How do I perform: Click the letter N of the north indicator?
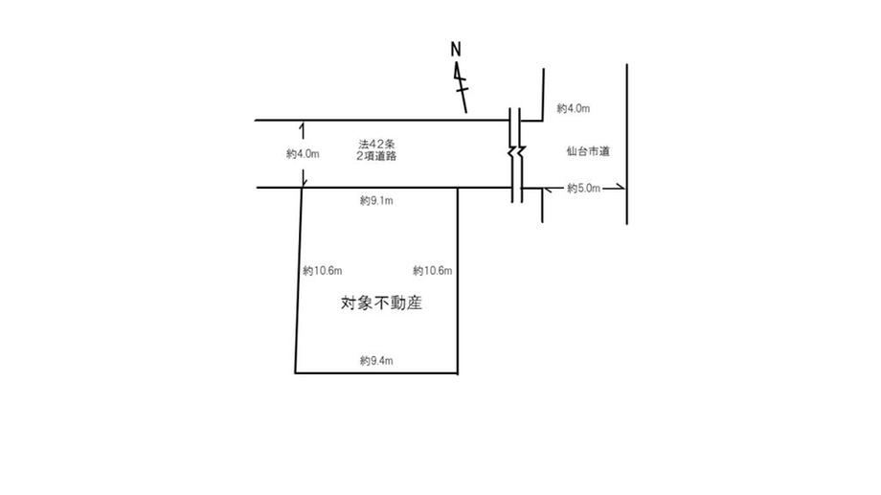[456, 50]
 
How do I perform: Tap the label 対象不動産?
[381, 304]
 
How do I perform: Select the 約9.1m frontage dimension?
[376, 200]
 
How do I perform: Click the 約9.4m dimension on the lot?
[376, 361]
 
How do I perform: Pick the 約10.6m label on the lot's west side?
[323, 271]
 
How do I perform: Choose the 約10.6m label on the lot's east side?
[433, 271]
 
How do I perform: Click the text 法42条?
[376, 145]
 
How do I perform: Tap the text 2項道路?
[376, 156]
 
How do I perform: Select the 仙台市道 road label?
[588, 151]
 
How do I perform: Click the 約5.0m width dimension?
[584, 189]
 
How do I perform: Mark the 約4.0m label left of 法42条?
[303, 154]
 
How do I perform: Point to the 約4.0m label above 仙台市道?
[574, 108]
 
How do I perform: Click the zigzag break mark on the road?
[517, 152]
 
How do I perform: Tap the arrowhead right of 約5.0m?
[621, 188]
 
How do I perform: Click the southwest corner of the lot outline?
[296, 372]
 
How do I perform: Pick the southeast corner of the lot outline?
[458, 372]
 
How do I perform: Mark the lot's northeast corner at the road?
[458, 188]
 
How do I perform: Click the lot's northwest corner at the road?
[303, 188]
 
